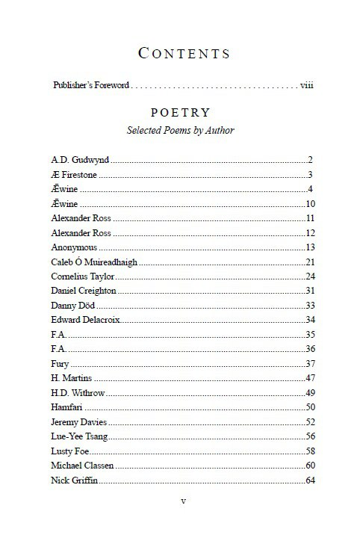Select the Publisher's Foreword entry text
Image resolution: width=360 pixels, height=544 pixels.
[x=92, y=85]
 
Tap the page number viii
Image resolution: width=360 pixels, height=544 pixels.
[x=306, y=85]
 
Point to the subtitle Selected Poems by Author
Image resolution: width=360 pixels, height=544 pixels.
[x=180, y=131]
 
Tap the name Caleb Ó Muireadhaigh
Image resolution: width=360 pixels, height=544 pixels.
[x=95, y=262]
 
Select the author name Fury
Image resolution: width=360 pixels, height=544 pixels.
[x=60, y=364]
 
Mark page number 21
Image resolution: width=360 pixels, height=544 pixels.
[x=309, y=262]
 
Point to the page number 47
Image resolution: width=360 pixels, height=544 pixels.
[x=309, y=378]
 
